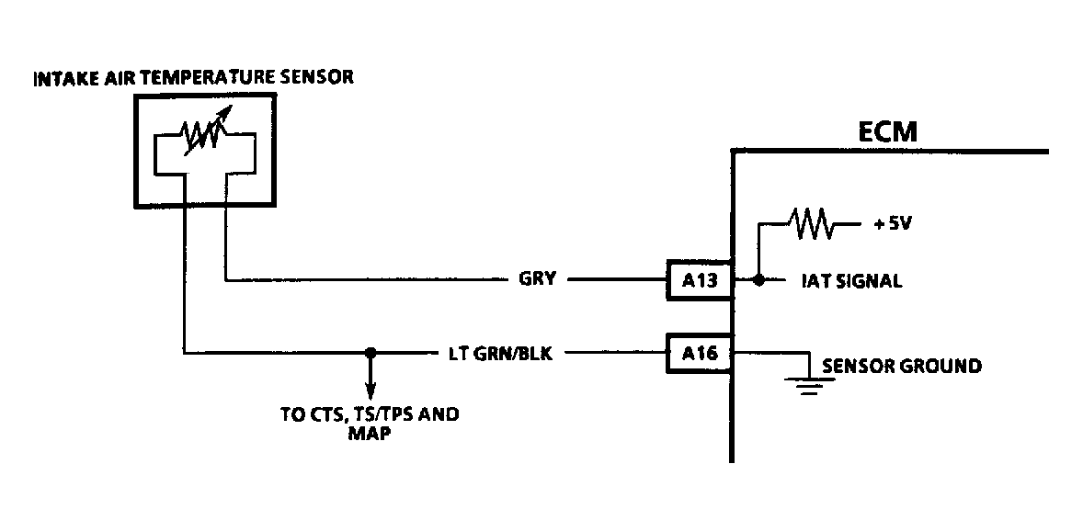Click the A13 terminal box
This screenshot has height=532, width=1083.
[x=699, y=280]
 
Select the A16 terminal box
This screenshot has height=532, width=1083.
[x=699, y=353]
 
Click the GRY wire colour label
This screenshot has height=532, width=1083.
[x=538, y=279]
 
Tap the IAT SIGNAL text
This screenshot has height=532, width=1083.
[x=851, y=281]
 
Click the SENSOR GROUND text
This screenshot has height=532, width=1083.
[x=901, y=366]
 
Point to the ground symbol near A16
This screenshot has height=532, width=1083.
[x=806, y=386]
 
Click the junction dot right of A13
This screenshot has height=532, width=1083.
[x=758, y=280]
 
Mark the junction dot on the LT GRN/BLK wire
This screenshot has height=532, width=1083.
[x=370, y=352]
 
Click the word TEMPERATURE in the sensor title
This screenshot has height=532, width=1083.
[x=216, y=78]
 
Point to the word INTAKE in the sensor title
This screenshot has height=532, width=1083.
[x=61, y=78]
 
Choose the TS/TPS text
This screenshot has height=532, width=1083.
[x=382, y=414]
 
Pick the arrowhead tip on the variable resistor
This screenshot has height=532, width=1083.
[x=228, y=116]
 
